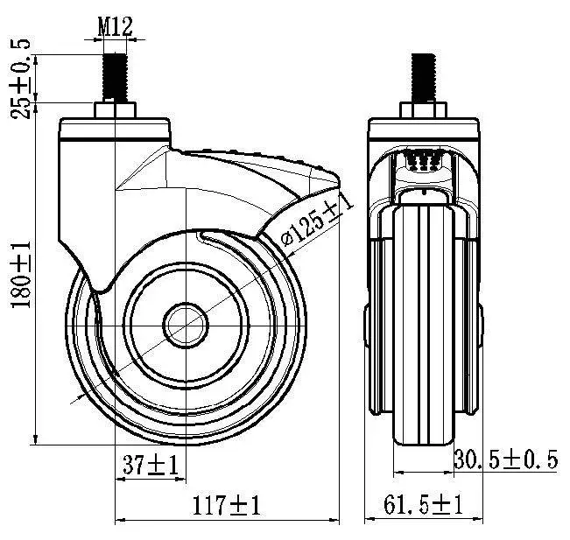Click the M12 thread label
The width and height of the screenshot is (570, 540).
(x=115, y=25)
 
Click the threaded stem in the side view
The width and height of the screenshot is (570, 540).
(x=116, y=77)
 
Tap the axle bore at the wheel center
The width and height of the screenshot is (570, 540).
(x=186, y=325)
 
